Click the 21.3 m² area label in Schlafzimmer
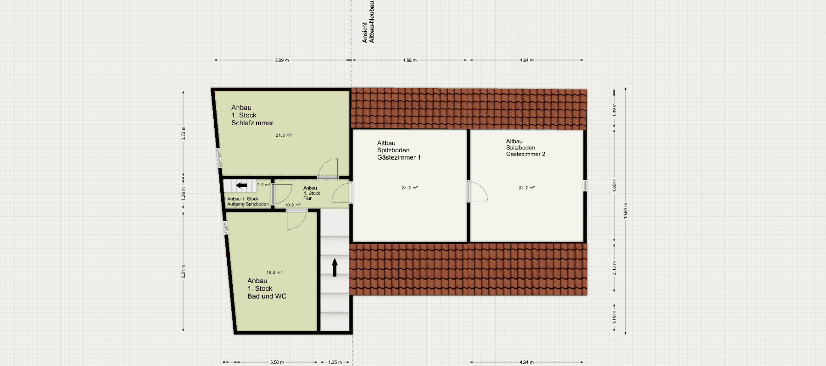[284, 135]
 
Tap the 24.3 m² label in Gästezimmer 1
[409, 188]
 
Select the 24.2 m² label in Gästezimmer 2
[526, 188]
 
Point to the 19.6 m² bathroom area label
[274, 272]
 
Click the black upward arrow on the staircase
[335, 267]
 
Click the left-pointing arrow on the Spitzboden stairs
[241, 185]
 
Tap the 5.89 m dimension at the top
[282, 60]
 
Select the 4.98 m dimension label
[409, 60]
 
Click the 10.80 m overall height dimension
[625, 211]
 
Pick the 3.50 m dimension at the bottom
[277, 362]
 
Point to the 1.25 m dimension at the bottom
[335, 362]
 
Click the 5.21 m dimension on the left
[184, 271]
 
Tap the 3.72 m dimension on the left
[184, 133]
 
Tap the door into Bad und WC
[296, 220]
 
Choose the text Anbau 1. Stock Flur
[312, 193]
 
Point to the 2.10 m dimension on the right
[614, 267]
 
